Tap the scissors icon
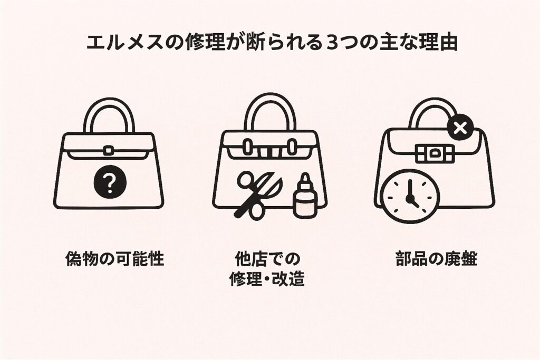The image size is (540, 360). tap(258, 195)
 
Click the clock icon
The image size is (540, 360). tap(410, 196)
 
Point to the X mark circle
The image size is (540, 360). tap(459, 129)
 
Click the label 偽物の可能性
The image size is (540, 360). tap(114, 258)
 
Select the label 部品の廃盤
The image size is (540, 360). tap(436, 258)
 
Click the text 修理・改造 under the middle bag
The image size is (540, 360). tap(267, 279)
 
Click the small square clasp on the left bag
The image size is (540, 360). tap(109, 151)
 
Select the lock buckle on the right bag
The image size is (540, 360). tap(435, 153)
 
